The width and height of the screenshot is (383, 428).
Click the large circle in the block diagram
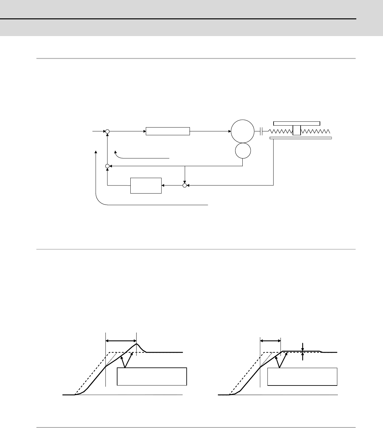[x=242, y=131]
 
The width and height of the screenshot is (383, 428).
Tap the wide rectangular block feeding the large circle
[x=168, y=131]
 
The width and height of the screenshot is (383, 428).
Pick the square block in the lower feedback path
[x=146, y=185]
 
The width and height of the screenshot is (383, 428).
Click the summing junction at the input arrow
[x=107, y=131]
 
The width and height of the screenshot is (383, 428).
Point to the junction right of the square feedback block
[x=185, y=185]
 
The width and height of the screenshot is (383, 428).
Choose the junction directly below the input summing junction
[x=107, y=166]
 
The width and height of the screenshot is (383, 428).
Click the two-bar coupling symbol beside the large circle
[x=261, y=131]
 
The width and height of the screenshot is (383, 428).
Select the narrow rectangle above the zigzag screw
[x=296, y=123]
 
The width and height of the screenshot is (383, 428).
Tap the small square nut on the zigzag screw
[x=296, y=131]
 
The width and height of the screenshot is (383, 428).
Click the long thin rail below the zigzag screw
[x=301, y=138]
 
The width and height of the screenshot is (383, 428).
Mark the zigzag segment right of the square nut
[x=315, y=131]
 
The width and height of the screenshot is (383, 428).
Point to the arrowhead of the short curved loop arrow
[x=116, y=151]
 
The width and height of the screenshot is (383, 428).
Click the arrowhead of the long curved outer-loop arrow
[x=96, y=151]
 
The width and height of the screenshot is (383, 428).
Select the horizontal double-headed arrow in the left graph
[x=121, y=340]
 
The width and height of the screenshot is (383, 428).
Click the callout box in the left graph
[x=152, y=376]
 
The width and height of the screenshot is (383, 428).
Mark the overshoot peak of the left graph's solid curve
[x=136, y=344]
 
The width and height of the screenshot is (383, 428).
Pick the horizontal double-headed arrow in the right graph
[x=270, y=340]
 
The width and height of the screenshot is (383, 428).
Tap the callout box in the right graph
[x=302, y=376]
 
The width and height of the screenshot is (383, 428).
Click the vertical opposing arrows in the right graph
[x=303, y=352]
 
